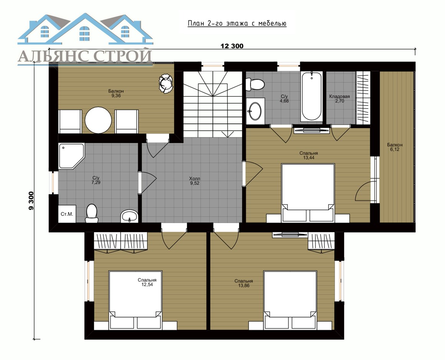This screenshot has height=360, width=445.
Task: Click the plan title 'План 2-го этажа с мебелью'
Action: point(237,23)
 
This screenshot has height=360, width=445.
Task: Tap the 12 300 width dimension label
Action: point(232,46)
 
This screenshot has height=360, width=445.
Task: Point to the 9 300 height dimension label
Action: point(31,201)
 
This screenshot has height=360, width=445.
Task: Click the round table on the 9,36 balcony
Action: point(99,120)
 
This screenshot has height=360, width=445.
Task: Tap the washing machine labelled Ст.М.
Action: point(67,214)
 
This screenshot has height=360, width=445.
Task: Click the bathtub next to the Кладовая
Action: point(311,96)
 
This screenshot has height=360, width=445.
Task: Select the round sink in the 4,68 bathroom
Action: point(255,111)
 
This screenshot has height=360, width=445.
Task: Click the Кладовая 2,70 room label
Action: point(340,99)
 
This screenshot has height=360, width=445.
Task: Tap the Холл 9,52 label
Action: point(195,181)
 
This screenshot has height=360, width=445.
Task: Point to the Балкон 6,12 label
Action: point(395,147)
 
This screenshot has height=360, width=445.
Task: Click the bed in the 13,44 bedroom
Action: point(308,193)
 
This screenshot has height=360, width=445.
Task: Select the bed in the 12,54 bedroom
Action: point(135,300)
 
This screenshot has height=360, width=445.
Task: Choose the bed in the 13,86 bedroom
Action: point(290,300)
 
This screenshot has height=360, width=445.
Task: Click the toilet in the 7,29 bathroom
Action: point(92,213)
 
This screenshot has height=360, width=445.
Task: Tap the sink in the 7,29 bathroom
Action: point(129,216)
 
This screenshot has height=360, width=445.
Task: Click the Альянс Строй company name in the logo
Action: point(85,56)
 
